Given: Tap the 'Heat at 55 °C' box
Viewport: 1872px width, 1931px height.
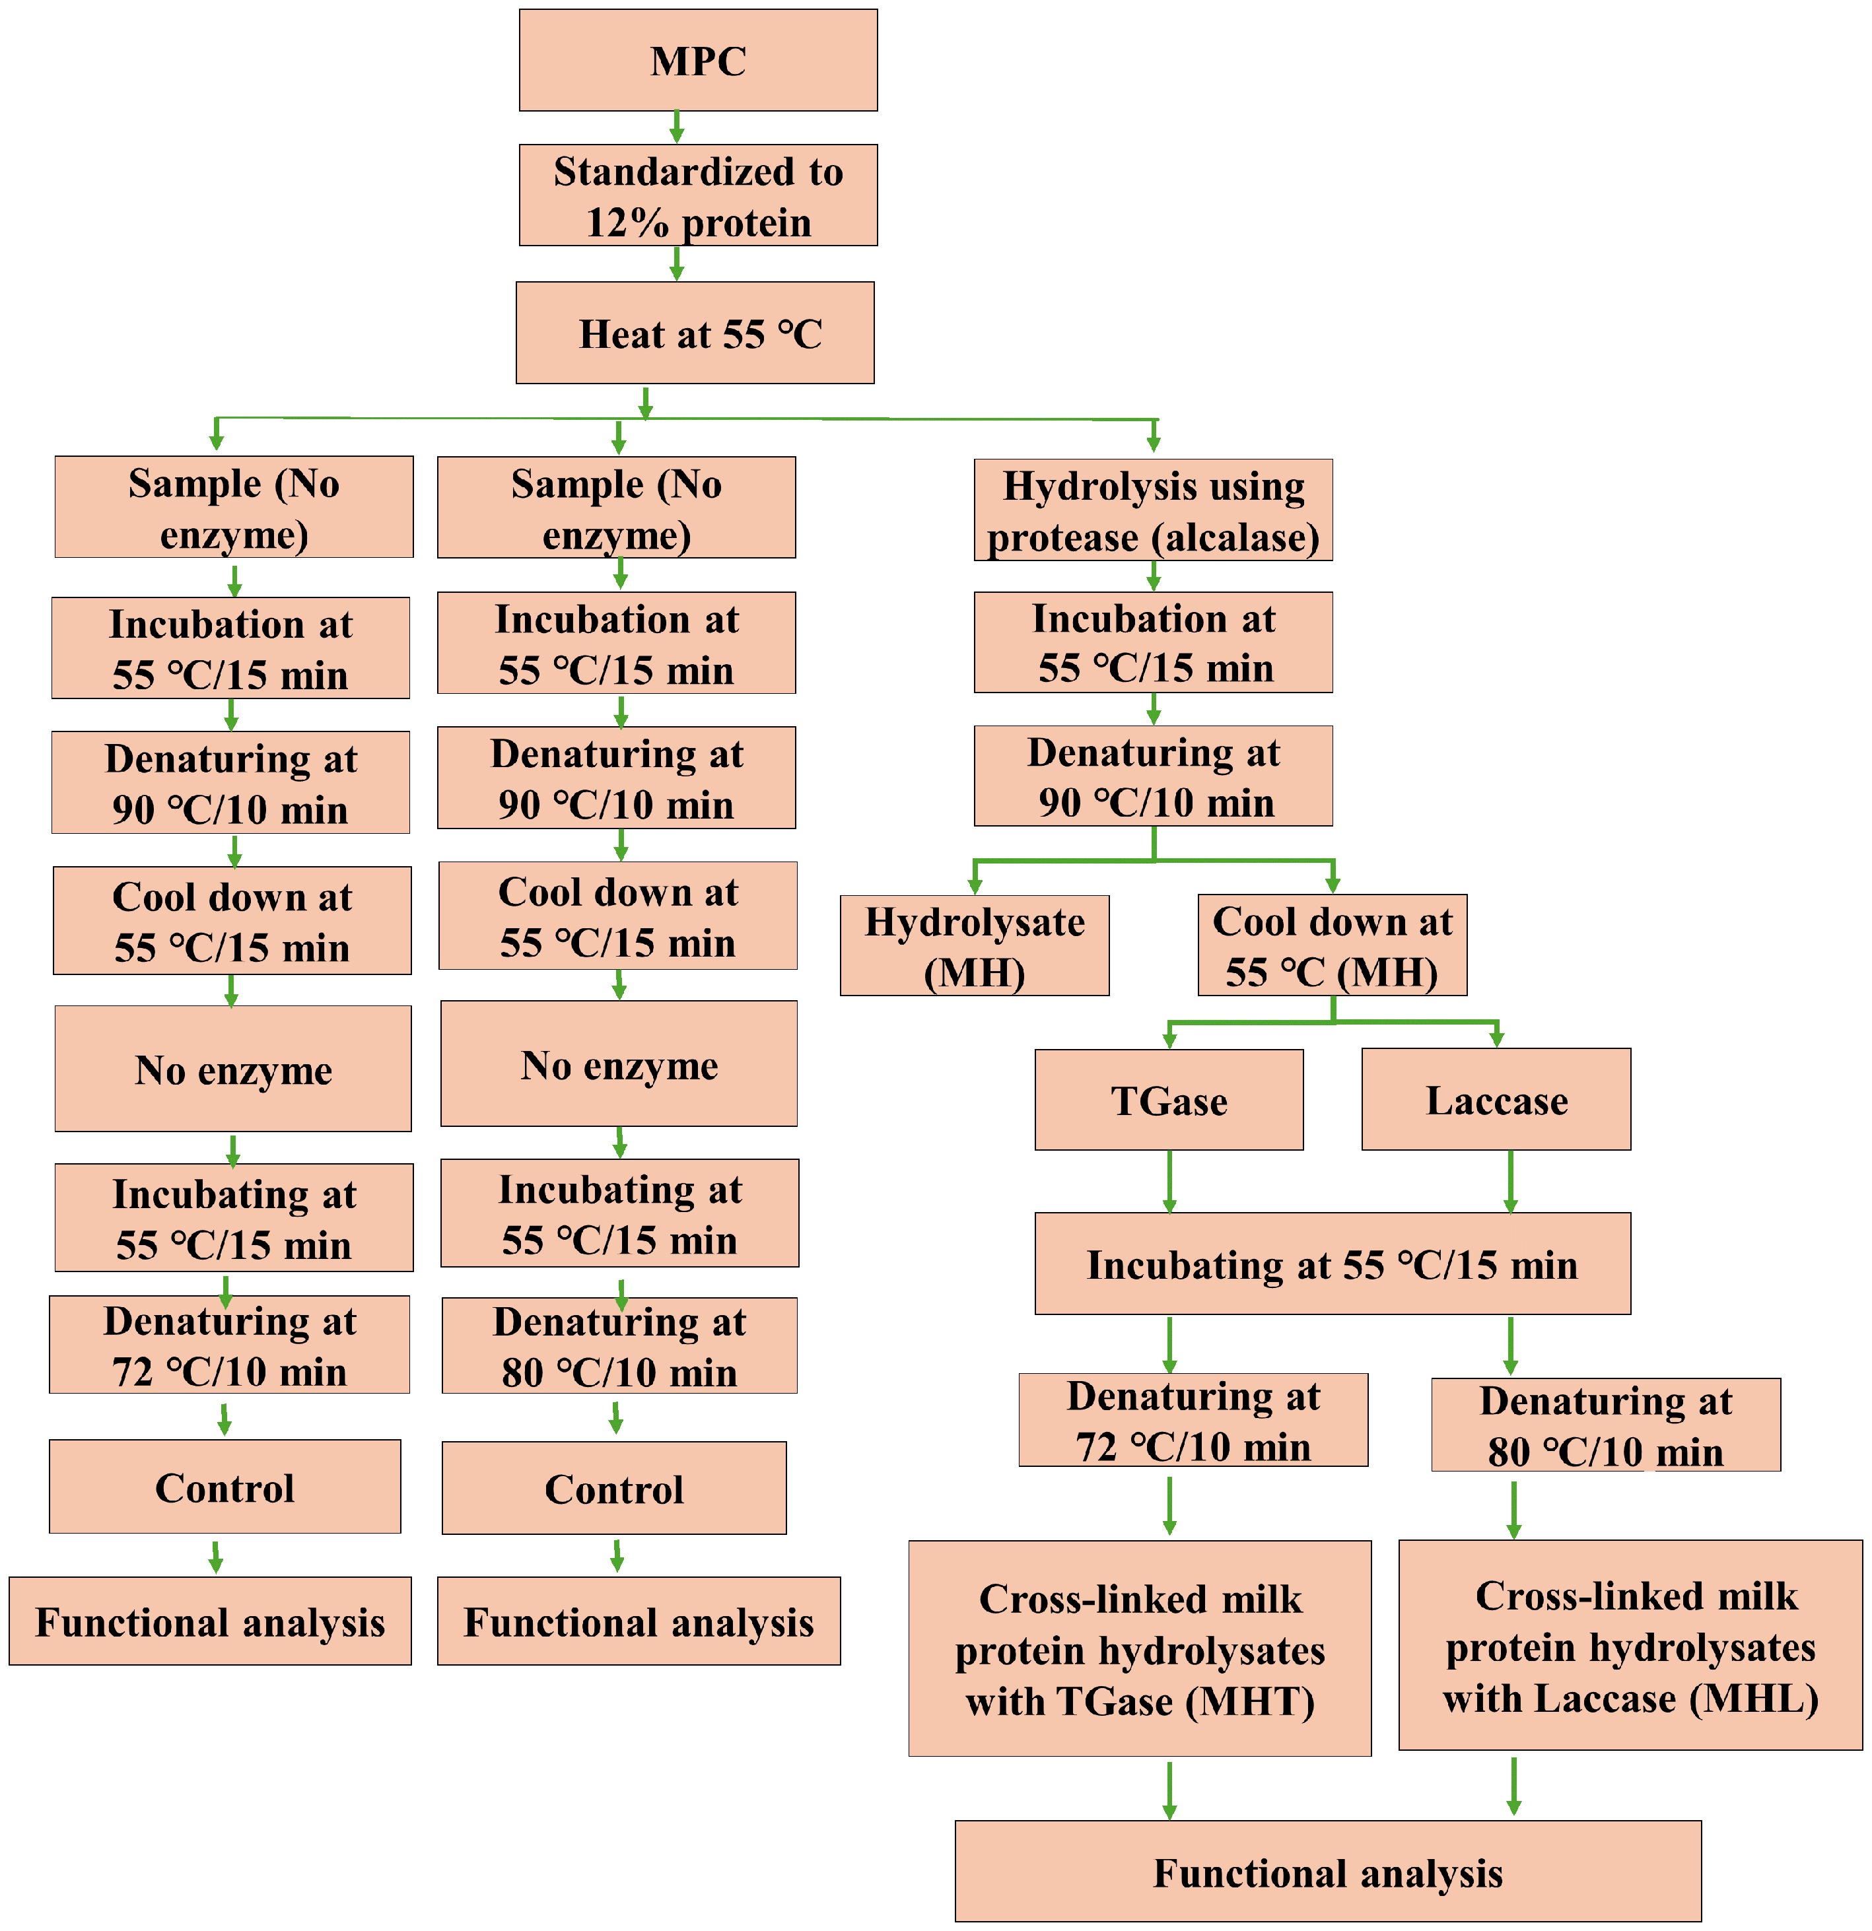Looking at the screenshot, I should (695, 333).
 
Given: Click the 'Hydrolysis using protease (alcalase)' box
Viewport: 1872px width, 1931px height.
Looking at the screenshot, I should (1153, 510).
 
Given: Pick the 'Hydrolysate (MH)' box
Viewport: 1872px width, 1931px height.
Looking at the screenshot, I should (975, 946).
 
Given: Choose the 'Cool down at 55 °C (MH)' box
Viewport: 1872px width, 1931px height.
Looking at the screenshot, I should (1332, 946).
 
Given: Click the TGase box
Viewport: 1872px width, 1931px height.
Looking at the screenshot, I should (1169, 1099).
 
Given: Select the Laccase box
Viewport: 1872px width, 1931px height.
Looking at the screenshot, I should (1496, 1099).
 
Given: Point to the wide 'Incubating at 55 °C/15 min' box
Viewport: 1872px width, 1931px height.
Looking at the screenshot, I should (1332, 1264).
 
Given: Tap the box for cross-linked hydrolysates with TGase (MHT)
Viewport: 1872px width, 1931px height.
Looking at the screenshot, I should (1139, 1649).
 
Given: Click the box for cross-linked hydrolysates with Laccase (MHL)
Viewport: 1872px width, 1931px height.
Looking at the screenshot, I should (1630, 1645).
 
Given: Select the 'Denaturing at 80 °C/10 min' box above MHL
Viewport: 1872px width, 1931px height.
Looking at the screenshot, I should (1605, 1425).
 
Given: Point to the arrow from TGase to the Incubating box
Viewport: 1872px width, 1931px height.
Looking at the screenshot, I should (1169, 1181).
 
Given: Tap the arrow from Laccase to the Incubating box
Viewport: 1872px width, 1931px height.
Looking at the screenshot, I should (1510, 1181).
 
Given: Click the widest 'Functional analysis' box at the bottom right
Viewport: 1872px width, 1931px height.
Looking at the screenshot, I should (1327, 1872).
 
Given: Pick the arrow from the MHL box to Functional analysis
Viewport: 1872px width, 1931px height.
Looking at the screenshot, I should (1513, 1785).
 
